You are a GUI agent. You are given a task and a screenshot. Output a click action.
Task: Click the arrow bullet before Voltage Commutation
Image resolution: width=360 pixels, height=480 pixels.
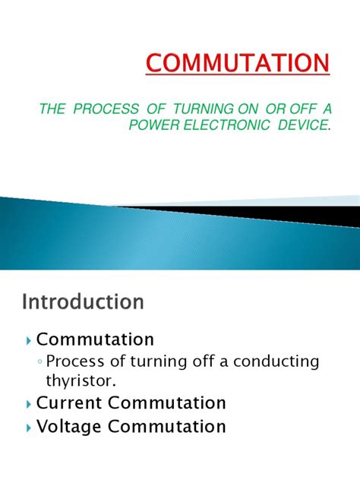pos(28,428)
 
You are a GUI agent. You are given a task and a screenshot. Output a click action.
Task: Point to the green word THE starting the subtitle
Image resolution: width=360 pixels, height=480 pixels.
pos(52,110)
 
